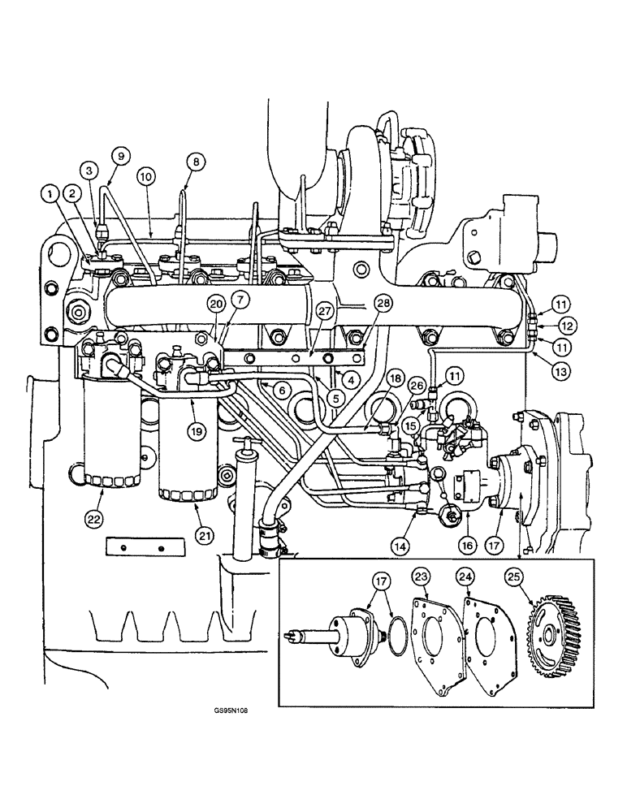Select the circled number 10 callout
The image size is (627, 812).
pos(145,176)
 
